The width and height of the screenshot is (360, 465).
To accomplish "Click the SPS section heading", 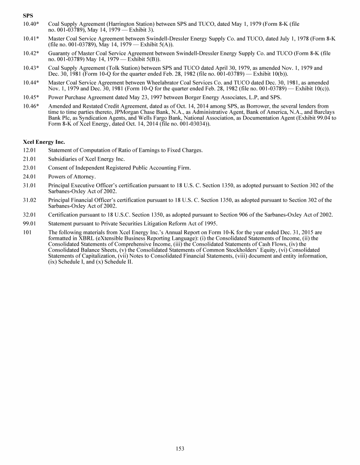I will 28,16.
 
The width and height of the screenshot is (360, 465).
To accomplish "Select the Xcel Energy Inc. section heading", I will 44,141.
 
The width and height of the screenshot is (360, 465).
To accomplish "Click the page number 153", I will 180,449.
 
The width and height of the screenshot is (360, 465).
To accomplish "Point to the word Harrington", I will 121,23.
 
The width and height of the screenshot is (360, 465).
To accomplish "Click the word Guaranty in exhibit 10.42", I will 60,53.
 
